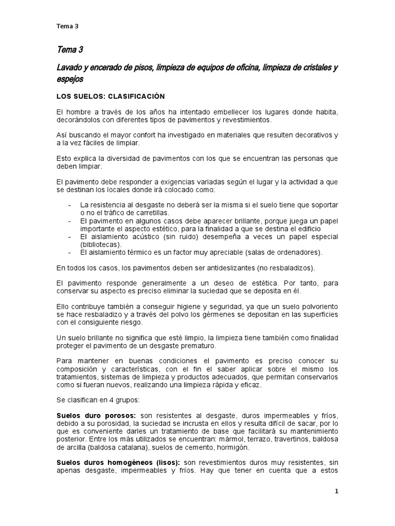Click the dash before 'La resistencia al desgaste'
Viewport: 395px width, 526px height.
pos(70,205)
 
